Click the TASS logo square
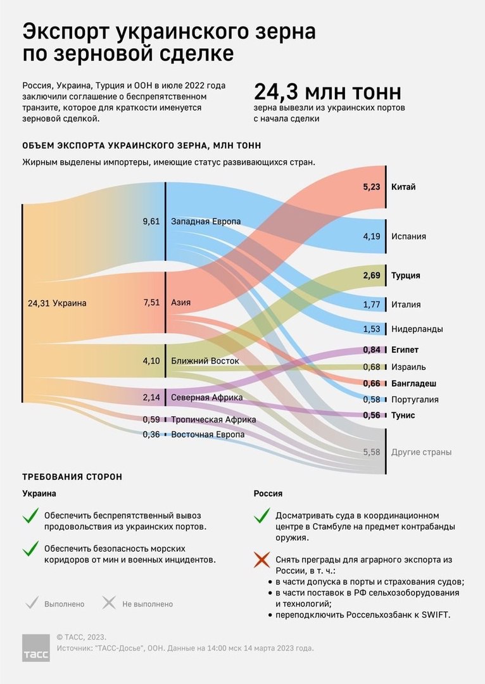click(x=35, y=648)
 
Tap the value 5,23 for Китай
click(x=372, y=187)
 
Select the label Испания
click(x=408, y=236)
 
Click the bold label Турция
click(x=406, y=275)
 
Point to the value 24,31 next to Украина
click(x=39, y=303)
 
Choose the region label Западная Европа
click(x=206, y=221)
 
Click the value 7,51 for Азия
click(x=151, y=302)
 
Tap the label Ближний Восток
click(x=205, y=361)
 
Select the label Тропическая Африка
click(x=213, y=420)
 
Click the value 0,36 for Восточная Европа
click(x=151, y=434)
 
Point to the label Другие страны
click(x=421, y=452)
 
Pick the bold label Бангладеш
click(x=414, y=383)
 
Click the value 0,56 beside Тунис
click(x=372, y=415)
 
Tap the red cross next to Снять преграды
click(x=261, y=560)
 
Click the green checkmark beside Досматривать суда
click(x=261, y=515)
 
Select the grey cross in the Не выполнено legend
click(x=109, y=603)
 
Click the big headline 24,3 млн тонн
click(x=327, y=92)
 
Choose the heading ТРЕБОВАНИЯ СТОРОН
click(x=72, y=477)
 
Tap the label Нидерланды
click(x=417, y=329)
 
